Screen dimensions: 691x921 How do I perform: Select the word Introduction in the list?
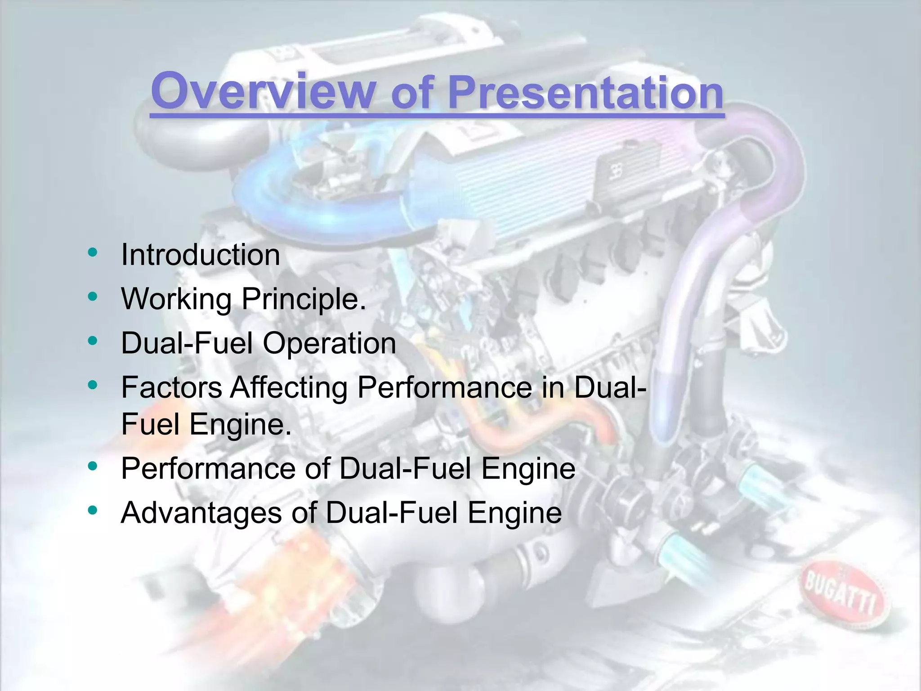click(x=201, y=255)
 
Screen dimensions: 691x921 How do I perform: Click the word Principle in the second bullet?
click(x=304, y=299)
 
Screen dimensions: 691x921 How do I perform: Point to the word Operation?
click(x=329, y=343)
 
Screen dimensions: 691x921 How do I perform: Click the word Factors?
click(x=171, y=387)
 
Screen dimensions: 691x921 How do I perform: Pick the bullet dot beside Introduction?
click(x=93, y=252)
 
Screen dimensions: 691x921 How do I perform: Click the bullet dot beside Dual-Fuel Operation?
click(x=93, y=341)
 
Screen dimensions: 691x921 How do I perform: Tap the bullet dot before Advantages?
click(x=93, y=510)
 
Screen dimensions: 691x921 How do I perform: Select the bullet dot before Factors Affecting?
click(x=93, y=385)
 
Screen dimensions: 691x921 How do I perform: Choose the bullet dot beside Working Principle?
click(x=93, y=296)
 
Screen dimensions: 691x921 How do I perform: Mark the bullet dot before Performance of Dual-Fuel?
click(x=93, y=466)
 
